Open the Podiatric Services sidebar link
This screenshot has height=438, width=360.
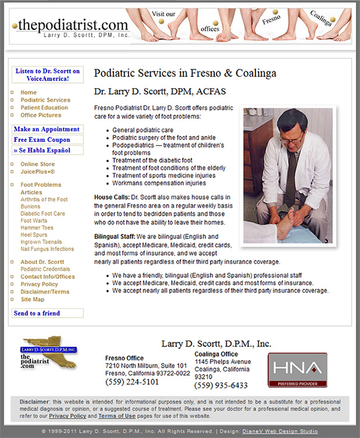(45, 100)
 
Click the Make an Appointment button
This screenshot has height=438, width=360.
(47, 129)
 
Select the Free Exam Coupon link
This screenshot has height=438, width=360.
(42, 140)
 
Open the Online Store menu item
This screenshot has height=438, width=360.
(37, 164)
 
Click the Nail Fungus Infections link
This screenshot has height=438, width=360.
(47, 249)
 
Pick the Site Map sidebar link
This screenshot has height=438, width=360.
(32, 299)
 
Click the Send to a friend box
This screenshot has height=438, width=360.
(37, 313)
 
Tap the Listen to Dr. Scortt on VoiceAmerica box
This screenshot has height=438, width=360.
(47, 74)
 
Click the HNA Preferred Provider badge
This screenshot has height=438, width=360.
(297, 370)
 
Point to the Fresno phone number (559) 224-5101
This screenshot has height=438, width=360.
(132, 382)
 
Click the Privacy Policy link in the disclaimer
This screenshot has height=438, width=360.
(67, 416)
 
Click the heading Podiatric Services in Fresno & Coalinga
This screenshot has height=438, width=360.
(185, 74)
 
